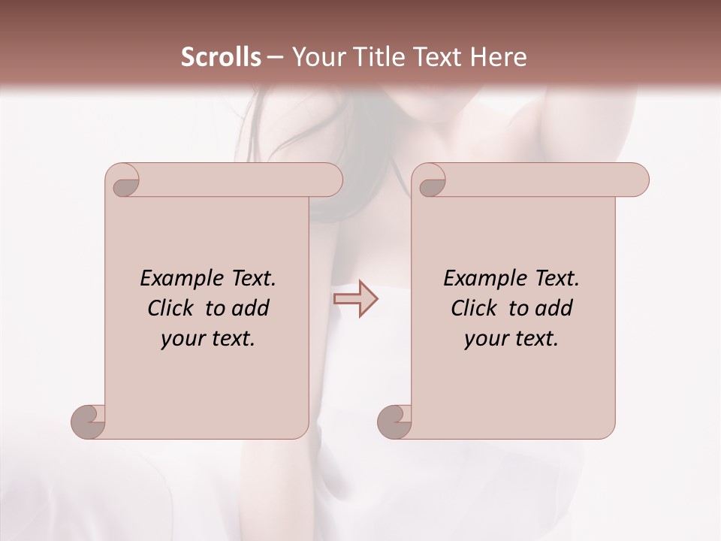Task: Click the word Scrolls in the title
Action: (221, 57)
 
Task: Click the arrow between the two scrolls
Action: (355, 299)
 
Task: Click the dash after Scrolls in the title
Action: (275, 57)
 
